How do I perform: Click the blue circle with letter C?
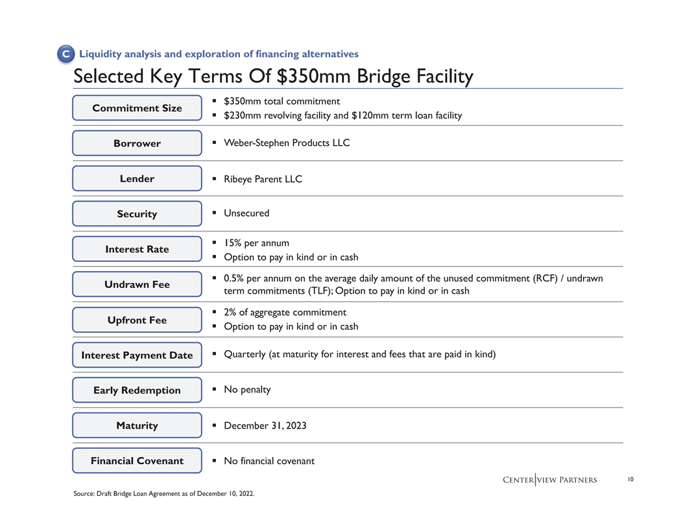65,54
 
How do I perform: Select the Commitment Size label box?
137,108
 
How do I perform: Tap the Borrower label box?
137,143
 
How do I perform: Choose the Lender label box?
137,178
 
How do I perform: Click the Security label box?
137,214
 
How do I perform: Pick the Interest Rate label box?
137,249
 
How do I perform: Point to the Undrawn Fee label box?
137,285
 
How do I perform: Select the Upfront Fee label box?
137,320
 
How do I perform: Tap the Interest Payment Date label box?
137,355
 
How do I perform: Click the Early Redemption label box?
137,390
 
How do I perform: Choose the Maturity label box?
137,425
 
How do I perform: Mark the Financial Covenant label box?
137,461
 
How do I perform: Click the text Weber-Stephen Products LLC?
287,143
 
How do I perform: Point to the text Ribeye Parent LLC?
263,179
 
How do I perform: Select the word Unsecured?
246,213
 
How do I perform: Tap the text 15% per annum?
256,243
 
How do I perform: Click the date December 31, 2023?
265,425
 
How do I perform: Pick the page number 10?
630,480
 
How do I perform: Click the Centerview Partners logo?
550,480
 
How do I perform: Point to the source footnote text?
164,494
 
